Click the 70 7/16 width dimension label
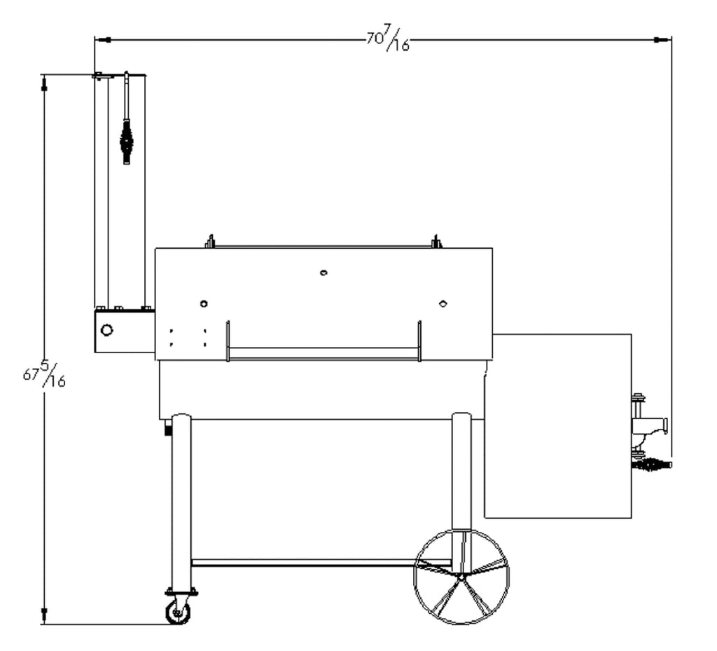pyautogui.click(x=387, y=39)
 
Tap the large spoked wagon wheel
pyautogui.click(x=461, y=576)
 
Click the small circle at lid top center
pyautogui.click(x=323, y=272)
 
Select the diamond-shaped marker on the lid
pyautogui.click(x=443, y=303)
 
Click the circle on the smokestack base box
pyautogui.click(x=106, y=330)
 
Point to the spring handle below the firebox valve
pyautogui.click(x=653, y=463)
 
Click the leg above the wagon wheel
pyautogui.click(x=461, y=477)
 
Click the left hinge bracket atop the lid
pyautogui.click(x=209, y=242)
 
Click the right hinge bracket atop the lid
pyautogui.click(x=436, y=242)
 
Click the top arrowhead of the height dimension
pyautogui.click(x=44, y=83)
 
